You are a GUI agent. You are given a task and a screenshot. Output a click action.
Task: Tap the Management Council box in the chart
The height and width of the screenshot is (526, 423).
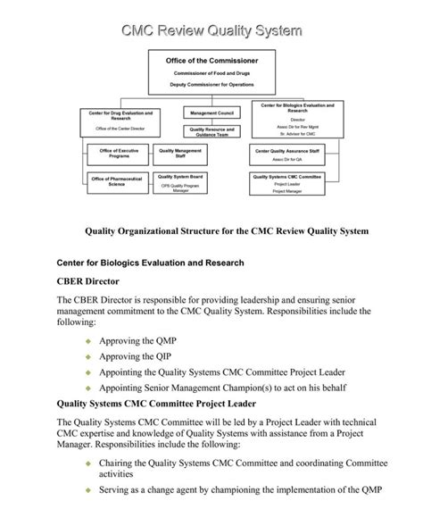pyautogui.click(x=211, y=113)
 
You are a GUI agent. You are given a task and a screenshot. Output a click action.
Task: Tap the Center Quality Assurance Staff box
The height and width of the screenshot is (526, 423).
pyautogui.click(x=288, y=153)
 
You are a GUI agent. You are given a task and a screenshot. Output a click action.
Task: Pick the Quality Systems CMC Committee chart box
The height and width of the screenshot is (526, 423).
pyautogui.click(x=288, y=182)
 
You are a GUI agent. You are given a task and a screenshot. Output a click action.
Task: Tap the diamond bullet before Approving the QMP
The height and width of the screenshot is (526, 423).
pyautogui.click(x=87, y=341)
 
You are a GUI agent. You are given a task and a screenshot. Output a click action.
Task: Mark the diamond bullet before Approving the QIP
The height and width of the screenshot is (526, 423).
pyautogui.click(x=87, y=356)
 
